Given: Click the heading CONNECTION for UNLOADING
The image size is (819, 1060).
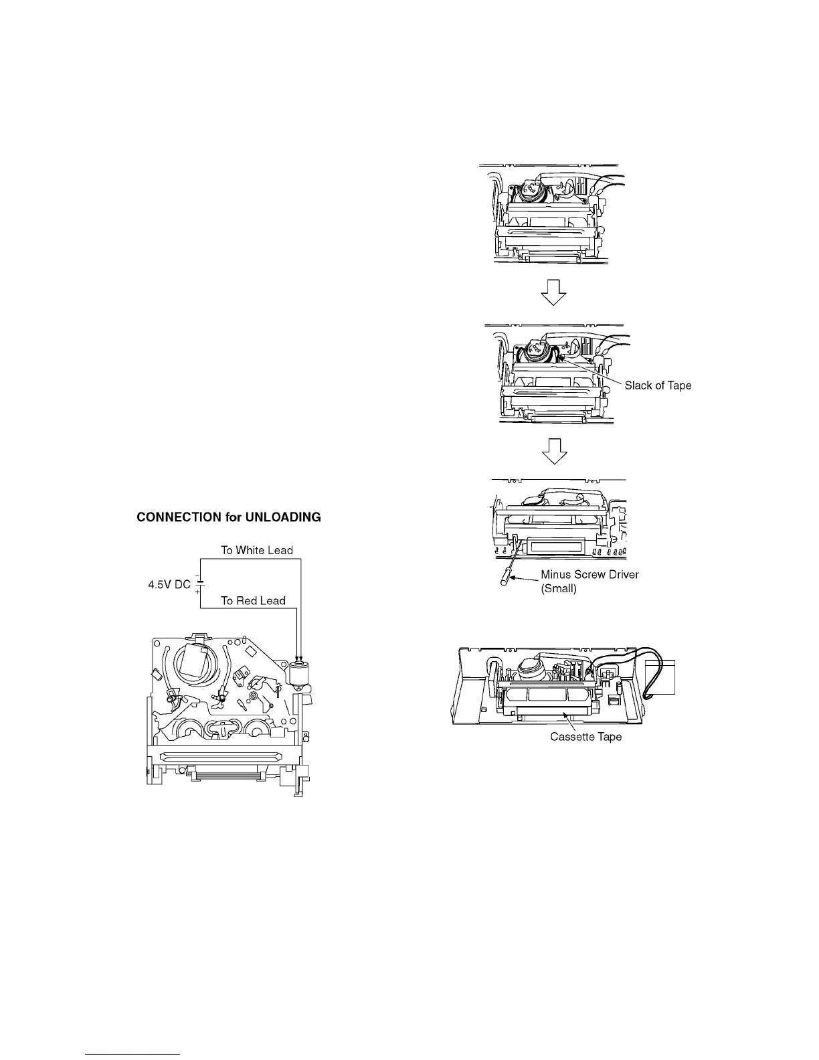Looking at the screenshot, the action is (228, 517).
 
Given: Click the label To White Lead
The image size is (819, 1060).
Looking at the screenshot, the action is (257, 550).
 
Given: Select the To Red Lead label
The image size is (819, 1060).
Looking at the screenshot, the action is (253, 601).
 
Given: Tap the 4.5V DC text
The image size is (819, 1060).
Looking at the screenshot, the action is (169, 585).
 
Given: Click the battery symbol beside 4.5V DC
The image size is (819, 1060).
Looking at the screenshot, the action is (199, 584).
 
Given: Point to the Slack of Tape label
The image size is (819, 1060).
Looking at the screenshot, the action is (658, 385).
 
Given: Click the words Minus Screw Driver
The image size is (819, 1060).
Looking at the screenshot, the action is (589, 575).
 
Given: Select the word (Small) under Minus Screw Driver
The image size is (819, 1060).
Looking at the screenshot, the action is (559, 589).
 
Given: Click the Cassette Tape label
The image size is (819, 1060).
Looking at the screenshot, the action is (585, 737).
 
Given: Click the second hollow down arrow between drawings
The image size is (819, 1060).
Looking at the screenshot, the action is (554, 451).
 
